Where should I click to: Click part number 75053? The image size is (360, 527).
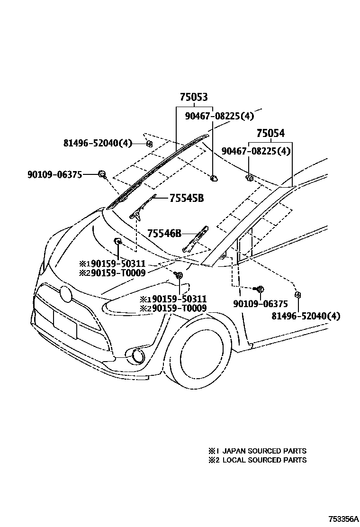point(193,98)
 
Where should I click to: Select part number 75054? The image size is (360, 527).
point(270,134)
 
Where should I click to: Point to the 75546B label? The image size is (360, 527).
point(164,233)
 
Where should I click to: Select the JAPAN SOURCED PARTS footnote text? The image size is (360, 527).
point(264,451)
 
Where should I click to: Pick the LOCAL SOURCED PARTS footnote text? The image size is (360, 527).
point(264,460)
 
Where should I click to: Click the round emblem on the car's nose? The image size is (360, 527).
point(66,294)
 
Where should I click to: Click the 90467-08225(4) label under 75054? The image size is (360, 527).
point(256,151)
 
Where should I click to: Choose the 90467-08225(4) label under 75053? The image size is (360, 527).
point(219,116)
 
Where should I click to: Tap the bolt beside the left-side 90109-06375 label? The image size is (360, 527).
point(101,174)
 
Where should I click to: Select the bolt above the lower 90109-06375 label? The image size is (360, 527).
point(260,289)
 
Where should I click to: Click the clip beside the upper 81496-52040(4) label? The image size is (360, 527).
point(149,143)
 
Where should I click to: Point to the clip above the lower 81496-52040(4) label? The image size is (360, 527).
point(297,295)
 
